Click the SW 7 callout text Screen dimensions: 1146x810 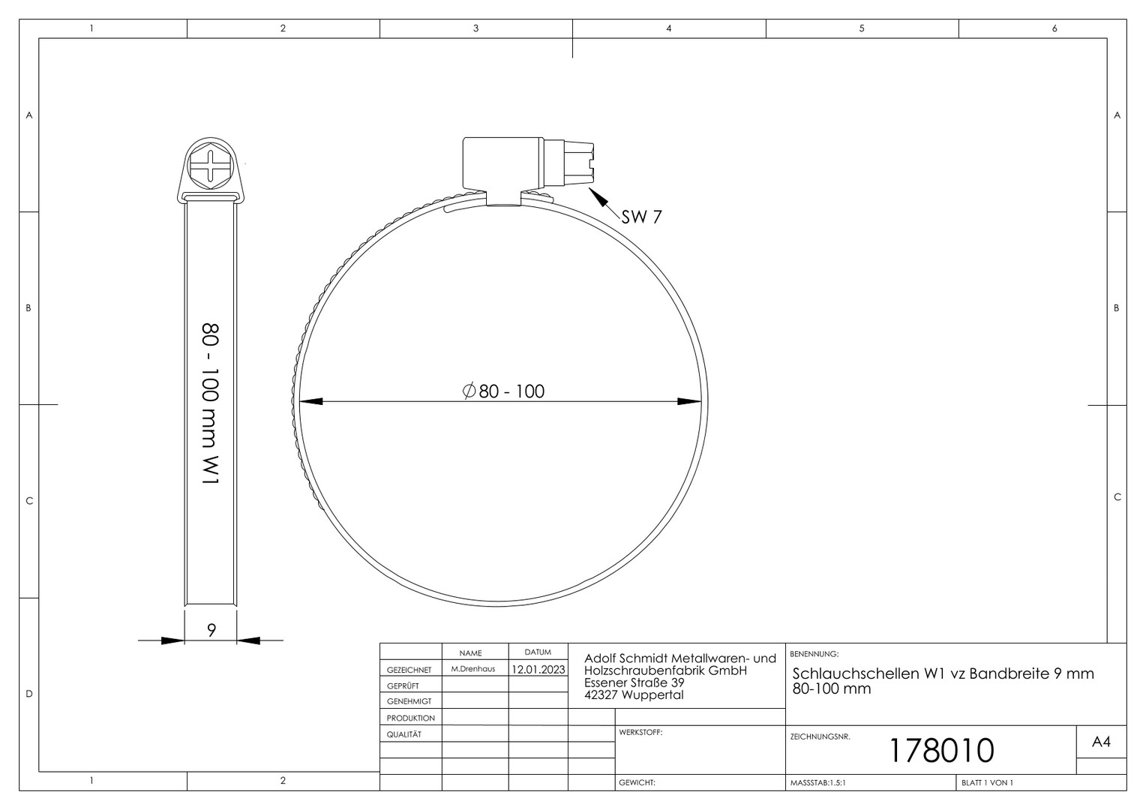pyautogui.click(x=641, y=217)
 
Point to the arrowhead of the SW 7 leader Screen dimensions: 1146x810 pyautogui.click(x=598, y=197)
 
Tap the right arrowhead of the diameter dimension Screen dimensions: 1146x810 pyautogui.click(x=689, y=402)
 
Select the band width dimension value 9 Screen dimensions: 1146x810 pyautogui.click(x=211, y=631)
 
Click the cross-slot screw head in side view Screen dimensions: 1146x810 pyautogui.click(x=210, y=165)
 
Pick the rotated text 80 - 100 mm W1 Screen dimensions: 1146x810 pyautogui.click(x=211, y=404)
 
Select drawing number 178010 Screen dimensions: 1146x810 pyautogui.click(x=942, y=751)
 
